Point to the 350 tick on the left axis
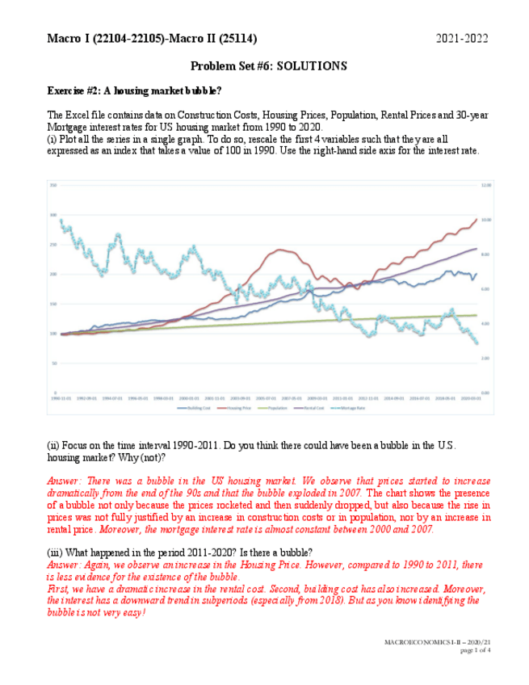tap(53, 185)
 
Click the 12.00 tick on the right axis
tap(485, 185)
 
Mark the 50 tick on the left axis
tap(54, 364)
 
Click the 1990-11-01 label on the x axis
tap(61, 398)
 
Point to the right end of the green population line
tap(477, 315)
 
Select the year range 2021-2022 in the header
tap(462, 39)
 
